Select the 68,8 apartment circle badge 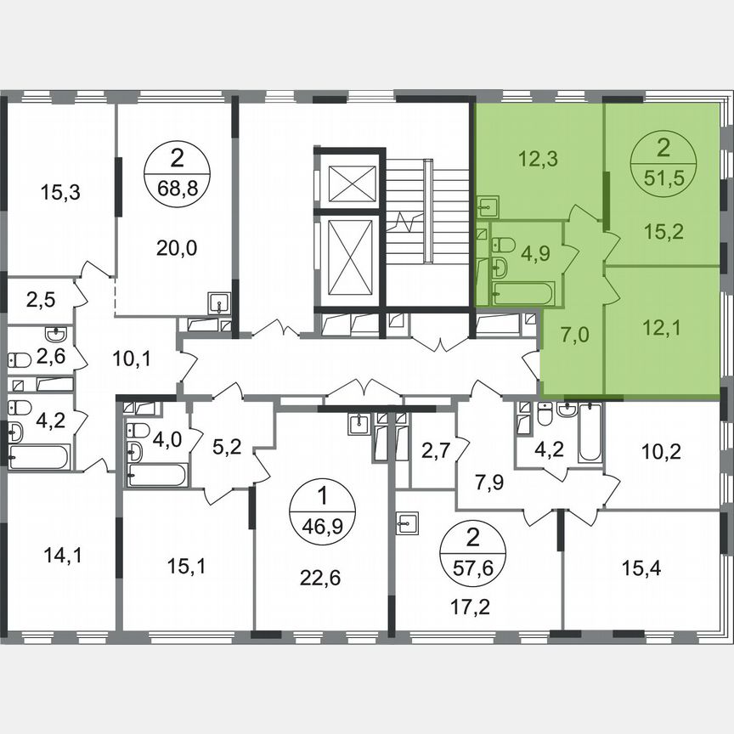[177, 171]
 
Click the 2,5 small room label [40, 300]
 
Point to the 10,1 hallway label [131, 359]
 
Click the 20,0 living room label [176, 247]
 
